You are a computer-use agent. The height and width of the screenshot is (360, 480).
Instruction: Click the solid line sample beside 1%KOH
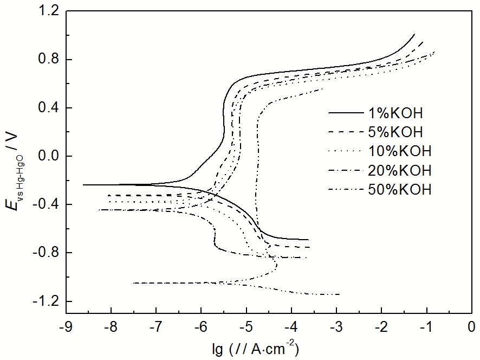(x=346, y=113)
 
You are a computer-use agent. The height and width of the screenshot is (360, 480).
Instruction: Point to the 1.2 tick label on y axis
(x=48, y=11)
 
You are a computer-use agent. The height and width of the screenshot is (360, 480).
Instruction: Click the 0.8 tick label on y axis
(x=48, y=60)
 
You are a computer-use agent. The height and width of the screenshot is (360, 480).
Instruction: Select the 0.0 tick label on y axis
(x=48, y=156)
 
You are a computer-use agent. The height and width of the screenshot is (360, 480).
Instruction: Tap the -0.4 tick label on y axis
(x=46, y=204)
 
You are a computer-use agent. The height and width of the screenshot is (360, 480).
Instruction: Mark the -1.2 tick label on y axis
(x=46, y=301)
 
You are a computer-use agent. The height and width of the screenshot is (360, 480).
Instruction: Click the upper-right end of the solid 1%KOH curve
(x=414, y=34)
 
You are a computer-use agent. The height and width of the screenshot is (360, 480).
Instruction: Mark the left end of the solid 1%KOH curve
(x=83, y=185)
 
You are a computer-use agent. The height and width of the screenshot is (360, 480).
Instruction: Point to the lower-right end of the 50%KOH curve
(x=340, y=294)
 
